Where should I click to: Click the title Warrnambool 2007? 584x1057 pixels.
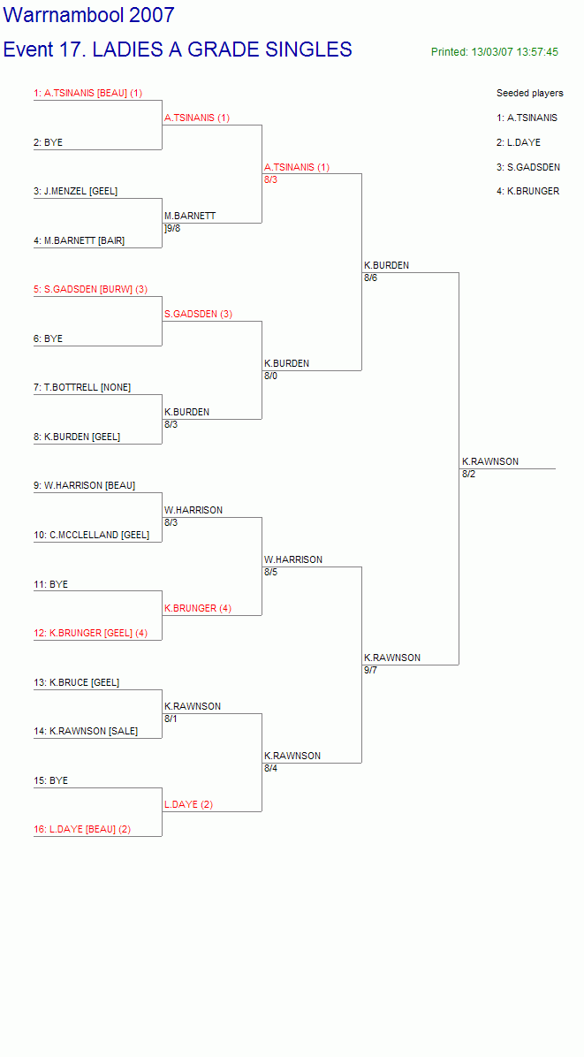89,15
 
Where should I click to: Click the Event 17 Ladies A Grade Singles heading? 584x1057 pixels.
178,49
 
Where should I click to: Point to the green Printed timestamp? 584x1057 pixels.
495,52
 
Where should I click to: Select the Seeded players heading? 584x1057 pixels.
530,93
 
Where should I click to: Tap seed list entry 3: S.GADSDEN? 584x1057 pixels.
528,166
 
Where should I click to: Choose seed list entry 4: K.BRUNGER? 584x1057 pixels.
528,191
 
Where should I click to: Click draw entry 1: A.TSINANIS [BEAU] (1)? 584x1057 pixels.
88,93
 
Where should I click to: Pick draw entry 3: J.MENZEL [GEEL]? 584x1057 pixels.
75,191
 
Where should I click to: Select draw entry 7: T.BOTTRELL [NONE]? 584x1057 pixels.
82,387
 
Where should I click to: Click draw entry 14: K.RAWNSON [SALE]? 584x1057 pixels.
86,731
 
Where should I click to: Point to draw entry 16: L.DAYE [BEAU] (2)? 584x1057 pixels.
82,829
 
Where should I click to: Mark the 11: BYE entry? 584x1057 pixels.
50,584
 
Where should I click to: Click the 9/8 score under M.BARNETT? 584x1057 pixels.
173,228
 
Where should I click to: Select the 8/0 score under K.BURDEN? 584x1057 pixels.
270,376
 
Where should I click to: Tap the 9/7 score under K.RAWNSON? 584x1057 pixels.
370,670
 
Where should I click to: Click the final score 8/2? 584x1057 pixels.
469,474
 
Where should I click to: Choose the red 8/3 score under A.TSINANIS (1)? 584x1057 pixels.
270,179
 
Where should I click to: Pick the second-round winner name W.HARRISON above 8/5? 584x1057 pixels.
293,559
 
